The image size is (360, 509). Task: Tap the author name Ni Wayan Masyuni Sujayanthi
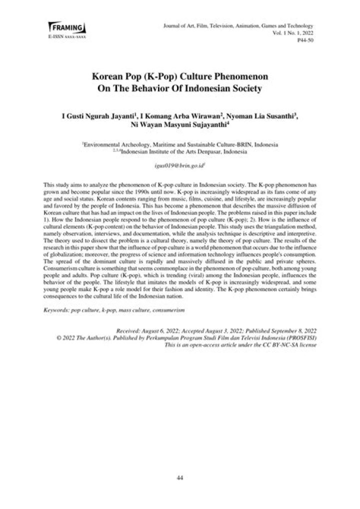179,125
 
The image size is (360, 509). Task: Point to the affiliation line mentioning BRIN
180,144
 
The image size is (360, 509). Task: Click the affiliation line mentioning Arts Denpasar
180,150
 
